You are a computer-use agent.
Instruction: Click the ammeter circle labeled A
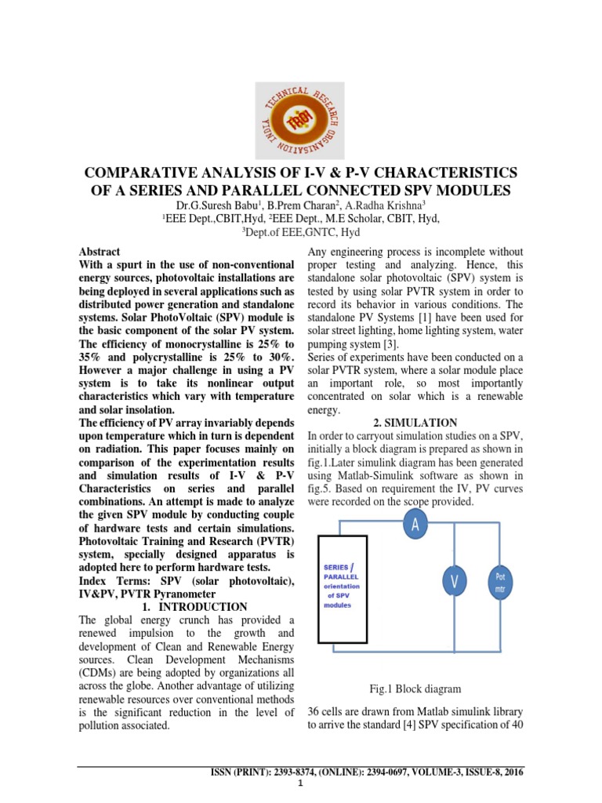(415, 525)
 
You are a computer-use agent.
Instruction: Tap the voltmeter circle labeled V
(453, 581)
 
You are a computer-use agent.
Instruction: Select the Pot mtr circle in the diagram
(501, 581)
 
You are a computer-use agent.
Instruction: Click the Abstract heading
(100, 252)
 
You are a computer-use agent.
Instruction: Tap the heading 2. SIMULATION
(415, 422)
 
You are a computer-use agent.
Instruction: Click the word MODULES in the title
(468, 191)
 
